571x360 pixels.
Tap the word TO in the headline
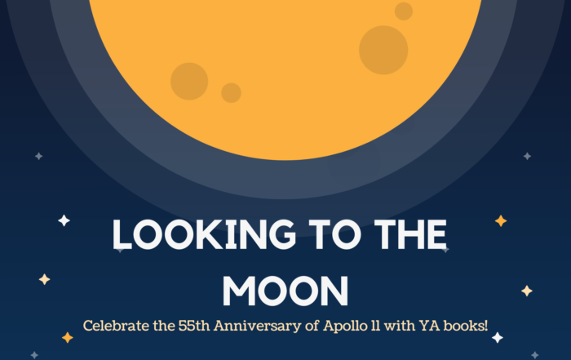[x=335, y=234]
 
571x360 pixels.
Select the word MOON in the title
[x=285, y=291]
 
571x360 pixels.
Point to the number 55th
[x=194, y=326]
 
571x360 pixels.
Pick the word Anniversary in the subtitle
[x=258, y=326]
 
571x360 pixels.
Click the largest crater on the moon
[x=383, y=50]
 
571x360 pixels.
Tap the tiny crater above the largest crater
[x=404, y=11]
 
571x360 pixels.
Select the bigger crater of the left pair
[x=189, y=82]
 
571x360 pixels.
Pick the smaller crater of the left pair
[x=231, y=93]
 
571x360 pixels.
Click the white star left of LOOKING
[x=64, y=220]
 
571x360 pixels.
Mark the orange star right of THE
[x=501, y=220]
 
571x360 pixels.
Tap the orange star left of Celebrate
[x=68, y=338]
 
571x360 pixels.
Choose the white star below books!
[x=498, y=338]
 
